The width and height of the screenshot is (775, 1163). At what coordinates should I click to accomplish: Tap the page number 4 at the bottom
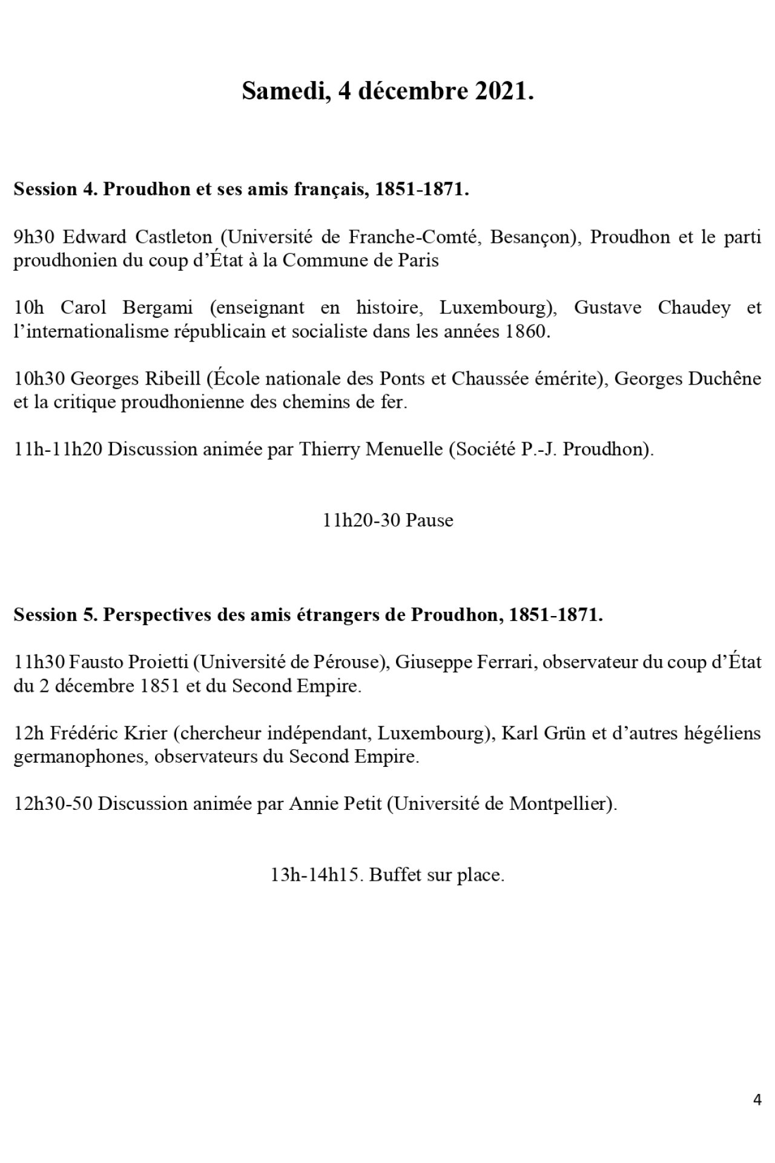[757, 1099]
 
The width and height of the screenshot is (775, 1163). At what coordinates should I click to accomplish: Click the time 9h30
[35, 237]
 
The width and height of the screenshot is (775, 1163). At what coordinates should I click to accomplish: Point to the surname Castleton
[169, 237]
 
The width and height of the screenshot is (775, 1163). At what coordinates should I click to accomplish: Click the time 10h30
[40, 379]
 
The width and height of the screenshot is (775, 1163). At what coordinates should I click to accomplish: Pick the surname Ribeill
[171, 379]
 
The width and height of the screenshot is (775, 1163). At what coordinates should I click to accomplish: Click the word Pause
[429, 521]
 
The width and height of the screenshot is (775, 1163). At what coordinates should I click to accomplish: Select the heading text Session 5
[54, 615]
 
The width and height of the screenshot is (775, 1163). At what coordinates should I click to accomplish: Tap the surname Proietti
[158, 663]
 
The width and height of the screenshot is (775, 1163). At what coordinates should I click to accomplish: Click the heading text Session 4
[54, 190]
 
